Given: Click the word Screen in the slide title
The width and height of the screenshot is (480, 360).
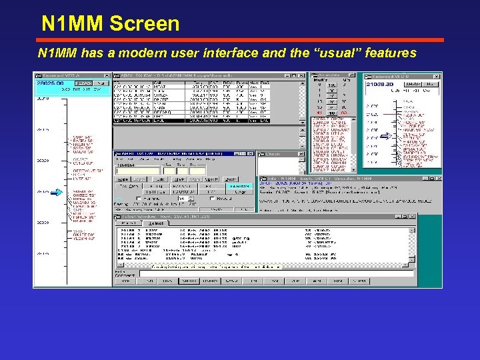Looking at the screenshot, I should point(145,24).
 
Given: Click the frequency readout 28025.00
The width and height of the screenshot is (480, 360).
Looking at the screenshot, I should point(49,83).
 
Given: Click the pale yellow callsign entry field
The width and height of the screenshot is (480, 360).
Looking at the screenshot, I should point(137,171).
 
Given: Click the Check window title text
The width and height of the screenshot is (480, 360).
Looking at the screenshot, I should point(273,154).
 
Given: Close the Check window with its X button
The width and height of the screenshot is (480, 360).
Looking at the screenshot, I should point(301,154).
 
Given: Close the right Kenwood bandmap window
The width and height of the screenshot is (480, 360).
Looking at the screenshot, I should point(437,75).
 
